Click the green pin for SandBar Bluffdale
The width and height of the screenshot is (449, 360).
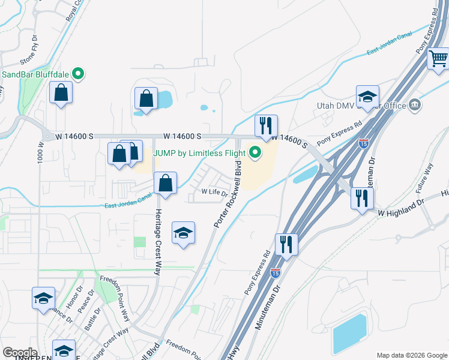tap(77, 74)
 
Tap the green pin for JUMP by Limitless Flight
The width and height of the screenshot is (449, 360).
tap(255, 153)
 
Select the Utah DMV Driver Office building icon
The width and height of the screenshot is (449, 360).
tap(415, 106)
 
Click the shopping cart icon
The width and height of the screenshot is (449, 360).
tap(439, 59)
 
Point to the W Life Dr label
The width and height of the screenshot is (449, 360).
tap(214, 193)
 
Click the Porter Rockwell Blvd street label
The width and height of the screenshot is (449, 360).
tap(229, 193)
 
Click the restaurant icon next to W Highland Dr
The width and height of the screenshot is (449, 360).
tap(361, 197)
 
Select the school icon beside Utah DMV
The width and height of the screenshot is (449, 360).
tap(367, 96)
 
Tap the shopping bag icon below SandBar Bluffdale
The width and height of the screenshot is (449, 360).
tap(61, 92)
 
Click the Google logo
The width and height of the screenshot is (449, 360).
tap(20, 352)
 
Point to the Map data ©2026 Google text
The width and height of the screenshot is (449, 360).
tap(412, 355)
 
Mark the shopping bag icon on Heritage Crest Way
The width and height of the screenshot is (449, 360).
tap(165, 183)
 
